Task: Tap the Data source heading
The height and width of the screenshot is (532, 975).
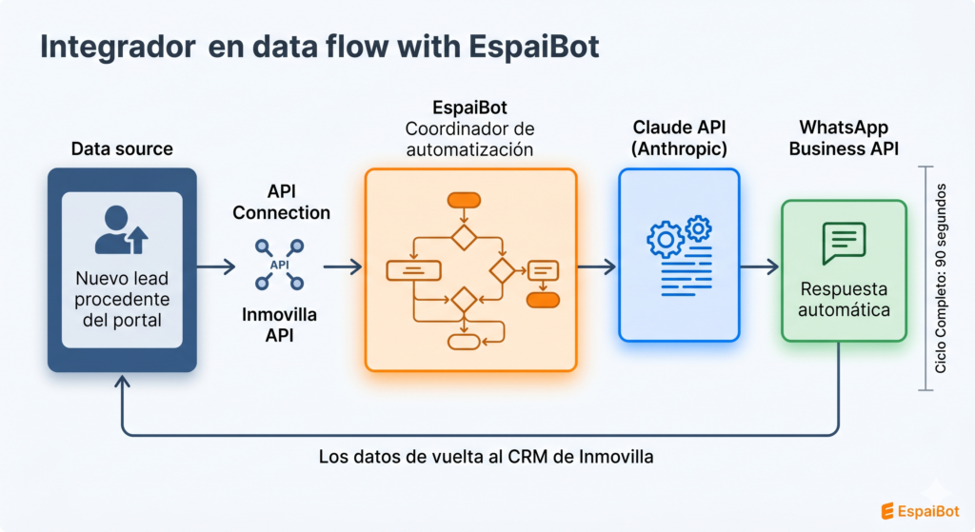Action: pyautogui.click(x=122, y=148)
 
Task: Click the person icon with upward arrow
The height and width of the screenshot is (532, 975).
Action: pyautogui.click(x=122, y=229)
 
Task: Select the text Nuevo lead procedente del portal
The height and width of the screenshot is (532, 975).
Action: pyautogui.click(x=121, y=299)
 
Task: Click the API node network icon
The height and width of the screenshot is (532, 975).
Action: pyautogui.click(x=280, y=265)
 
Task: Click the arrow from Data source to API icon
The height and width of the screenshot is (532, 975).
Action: pyautogui.click(x=216, y=267)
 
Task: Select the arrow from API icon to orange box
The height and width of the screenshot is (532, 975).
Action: pyautogui.click(x=342, y=267)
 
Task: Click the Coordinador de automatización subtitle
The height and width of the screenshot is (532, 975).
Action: pyautogui.click(x=470, y=139)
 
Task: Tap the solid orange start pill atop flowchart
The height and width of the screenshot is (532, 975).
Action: pyautogui.click(x=464, y=200)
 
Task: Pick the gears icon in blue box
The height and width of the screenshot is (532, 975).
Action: pyautogui.click(x=679, y=236)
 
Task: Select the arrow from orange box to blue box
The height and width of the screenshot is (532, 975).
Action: pyautogui.click(x=596, y=267)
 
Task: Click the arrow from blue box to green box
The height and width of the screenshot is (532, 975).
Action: pyautogui.click(x=759, y=267)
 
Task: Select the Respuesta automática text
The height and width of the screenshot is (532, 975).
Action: pyautogui.click(x=844, y=299)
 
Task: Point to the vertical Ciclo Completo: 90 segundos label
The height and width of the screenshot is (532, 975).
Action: pyautogui.click(x=942, y=277)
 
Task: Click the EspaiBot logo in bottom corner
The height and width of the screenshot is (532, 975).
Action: pyautogui.click(x=918, y=510)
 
